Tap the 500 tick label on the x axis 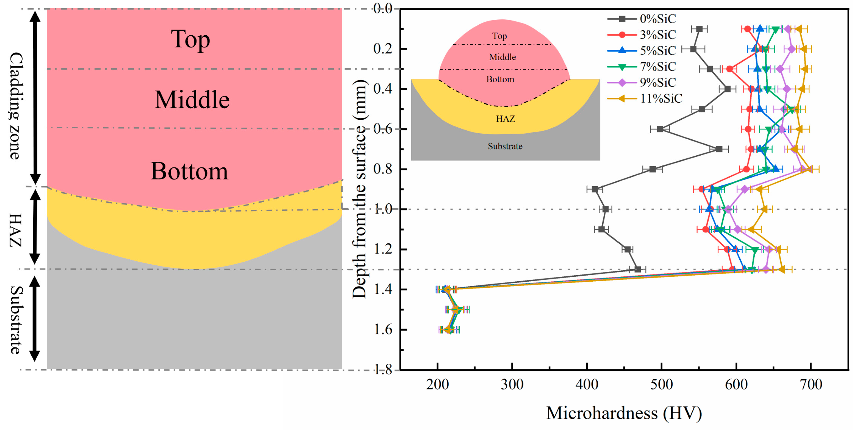(x=661, y=385)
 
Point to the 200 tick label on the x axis (x=437, y=385)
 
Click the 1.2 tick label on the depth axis (x=383, y=249)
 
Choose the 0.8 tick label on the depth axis (x=383, y=169)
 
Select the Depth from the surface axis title (x=360, y=190)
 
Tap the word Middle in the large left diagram (x=192, y=100)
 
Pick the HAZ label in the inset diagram (x=505, y=119)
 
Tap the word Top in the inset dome (x=499, y=36)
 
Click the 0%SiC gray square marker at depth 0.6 (x=660, y=129)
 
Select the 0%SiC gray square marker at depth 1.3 (x=637, y=269)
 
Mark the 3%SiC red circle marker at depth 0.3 (x=729, y=69)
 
